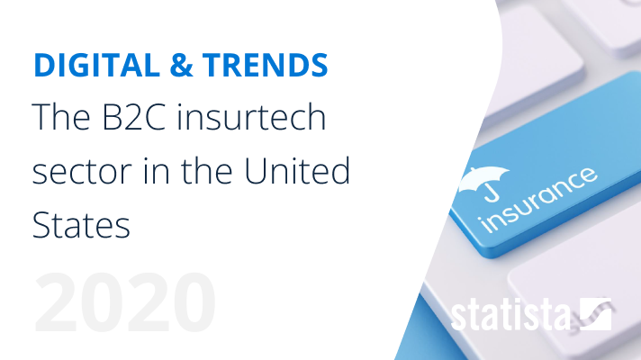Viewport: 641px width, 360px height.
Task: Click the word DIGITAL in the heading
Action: click(97, 65)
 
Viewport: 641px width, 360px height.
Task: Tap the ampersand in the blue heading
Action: click(181, 65)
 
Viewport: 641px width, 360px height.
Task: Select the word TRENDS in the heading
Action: click(266, 65)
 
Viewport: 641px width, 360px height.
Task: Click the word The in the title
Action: click(61, 116)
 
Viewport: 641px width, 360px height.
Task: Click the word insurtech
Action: click(251, 116)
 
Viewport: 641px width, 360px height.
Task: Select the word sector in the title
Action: click(82, 172)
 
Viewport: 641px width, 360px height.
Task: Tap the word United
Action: click(297, 170)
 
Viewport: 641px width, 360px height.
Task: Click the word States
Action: click(81, 225)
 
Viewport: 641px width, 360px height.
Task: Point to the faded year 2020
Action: click(125, 302)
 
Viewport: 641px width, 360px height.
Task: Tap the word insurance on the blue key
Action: click(538, 200)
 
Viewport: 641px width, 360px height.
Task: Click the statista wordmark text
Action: click(510, 314)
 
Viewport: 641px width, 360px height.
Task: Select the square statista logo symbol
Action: click(596, 314)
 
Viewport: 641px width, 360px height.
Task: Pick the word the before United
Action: click(207, 171)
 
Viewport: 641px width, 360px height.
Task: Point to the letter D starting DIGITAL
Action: click(44, 65)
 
